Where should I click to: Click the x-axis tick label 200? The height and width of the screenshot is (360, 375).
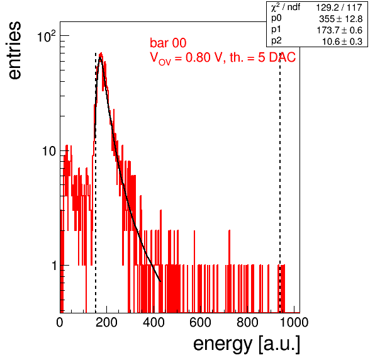click(x=106, y=322)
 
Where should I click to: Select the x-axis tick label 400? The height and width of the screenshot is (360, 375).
click(x=154, y=322)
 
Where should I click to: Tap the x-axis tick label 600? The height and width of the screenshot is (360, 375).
click(x=201, y=322)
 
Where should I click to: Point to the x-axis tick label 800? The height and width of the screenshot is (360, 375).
click(x=247, y=322)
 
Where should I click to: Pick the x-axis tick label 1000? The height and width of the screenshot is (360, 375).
click(x=294, y=322)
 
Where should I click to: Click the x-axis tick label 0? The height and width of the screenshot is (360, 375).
click(x=60, y=322)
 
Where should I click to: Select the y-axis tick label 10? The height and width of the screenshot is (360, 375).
click(x=49, y=151)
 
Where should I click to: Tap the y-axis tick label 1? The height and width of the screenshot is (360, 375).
click(x=54, y=266)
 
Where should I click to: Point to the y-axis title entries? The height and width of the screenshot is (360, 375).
click(x=14, y=50)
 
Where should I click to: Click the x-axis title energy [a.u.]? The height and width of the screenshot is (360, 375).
click(x=247, y=345)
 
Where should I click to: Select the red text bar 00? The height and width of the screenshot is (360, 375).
click(x=168, y=43)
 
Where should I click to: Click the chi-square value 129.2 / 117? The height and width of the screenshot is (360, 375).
click(x=339, y=8)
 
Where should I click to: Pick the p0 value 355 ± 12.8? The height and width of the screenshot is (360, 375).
click(x=340, y=19)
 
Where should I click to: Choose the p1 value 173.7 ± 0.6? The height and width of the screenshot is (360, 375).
click(x=339, y=30)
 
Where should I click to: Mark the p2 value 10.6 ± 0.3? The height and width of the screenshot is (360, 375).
click(x=342, y=42)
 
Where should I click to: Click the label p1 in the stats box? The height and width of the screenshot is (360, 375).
click(x=276, y=30)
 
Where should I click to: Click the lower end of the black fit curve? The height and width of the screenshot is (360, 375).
click(x=160, y=281)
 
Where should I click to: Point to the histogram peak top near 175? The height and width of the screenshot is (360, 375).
click(x=101, y=53)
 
